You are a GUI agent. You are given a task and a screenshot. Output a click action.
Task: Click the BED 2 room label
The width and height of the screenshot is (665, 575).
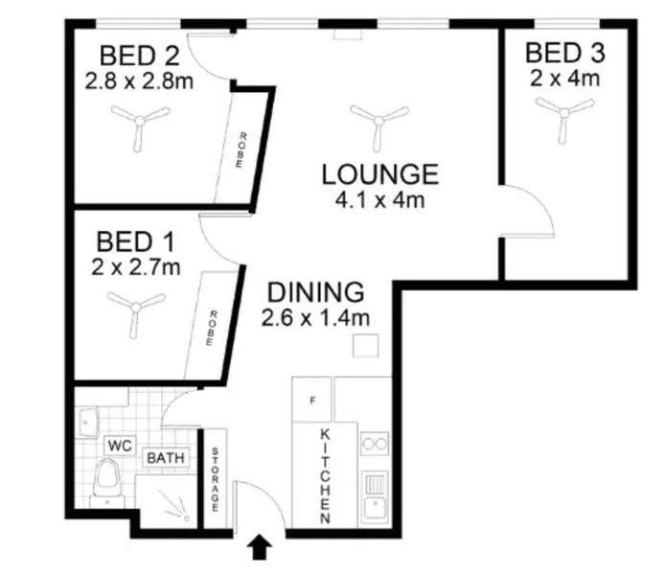[x=138, y=54]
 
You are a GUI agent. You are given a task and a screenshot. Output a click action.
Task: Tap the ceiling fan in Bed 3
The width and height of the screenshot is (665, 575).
[x=563, y=114]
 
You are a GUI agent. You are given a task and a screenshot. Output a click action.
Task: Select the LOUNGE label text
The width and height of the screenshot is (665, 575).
[x=379, y=174]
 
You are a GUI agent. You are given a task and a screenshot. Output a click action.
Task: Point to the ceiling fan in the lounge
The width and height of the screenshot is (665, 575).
[x=379, y=120]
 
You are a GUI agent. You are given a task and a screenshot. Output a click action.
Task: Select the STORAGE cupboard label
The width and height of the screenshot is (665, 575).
[x=216, y=478]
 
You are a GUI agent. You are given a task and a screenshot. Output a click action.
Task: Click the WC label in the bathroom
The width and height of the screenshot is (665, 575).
[x=119, y=446]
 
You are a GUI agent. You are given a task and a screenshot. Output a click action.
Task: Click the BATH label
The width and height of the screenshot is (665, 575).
[x=166, y=458]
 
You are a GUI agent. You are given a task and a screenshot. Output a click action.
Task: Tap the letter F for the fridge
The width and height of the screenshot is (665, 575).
[x=311, y=400]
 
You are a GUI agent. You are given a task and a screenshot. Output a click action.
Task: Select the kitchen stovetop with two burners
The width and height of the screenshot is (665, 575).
[x=375, y=445]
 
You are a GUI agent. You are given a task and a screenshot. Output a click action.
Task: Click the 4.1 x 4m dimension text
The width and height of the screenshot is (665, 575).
[x=379, y=200]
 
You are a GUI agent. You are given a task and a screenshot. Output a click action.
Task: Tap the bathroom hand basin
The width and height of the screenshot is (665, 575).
[x=89, y=419]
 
